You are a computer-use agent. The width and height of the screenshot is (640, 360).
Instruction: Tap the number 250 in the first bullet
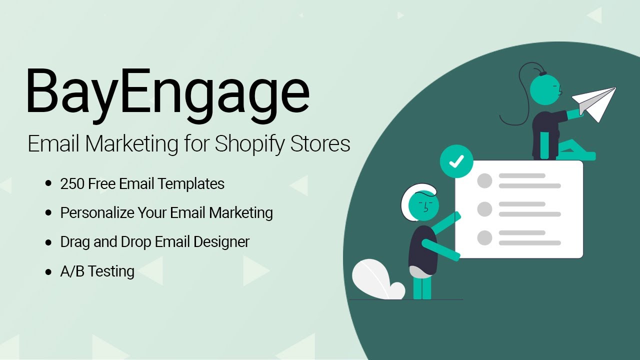[x=72, y=184]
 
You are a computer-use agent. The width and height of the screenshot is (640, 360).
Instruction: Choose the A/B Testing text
[x=97, y=271]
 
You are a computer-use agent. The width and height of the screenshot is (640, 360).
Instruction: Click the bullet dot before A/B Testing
[x=48, y=272]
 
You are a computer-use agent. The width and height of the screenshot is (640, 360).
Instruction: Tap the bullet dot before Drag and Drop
[x=48, y=242]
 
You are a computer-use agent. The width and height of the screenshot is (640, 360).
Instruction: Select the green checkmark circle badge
[x=456, y=161]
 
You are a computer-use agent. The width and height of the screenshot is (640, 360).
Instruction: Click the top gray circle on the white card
[x=484, y=180]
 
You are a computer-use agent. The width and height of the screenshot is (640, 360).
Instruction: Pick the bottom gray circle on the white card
[x=484, y=238]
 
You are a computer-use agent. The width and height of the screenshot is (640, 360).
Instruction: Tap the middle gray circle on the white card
[x=484, y=209]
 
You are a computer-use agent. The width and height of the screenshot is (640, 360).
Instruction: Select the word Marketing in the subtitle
[x=132, y=144]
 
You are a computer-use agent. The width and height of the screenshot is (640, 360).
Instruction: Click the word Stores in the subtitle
[x=321, y=144]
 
